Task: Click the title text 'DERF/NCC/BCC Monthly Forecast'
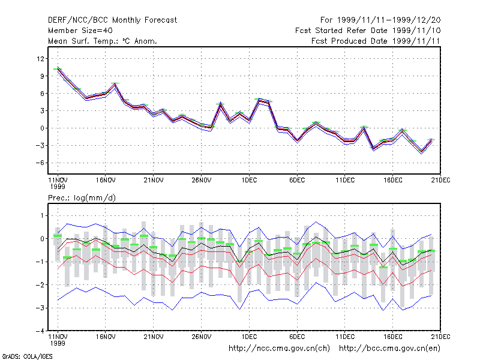[112, 20]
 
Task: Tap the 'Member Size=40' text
[80, 31]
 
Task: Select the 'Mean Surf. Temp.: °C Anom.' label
[103, 41]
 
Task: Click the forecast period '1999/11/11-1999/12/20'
[389, 20]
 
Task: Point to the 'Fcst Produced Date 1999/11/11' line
[376, 41]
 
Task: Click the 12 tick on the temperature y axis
[40, 58]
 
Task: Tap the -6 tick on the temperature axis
[40, 163]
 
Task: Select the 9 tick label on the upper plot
[42, 76]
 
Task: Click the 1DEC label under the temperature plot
[249, 181]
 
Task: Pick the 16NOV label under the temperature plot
[106, 181]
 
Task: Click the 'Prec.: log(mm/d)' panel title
[82, 198]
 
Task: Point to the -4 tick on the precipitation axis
[40, 331]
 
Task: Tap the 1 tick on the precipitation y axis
[42, 216]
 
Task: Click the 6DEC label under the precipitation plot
[297, 337]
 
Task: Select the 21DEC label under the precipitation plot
[440, 337]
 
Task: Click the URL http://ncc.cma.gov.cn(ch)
[279, 349]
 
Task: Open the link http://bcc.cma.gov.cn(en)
[389, 349]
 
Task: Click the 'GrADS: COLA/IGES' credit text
[27, 356]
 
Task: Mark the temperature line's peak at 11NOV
[58, 68]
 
